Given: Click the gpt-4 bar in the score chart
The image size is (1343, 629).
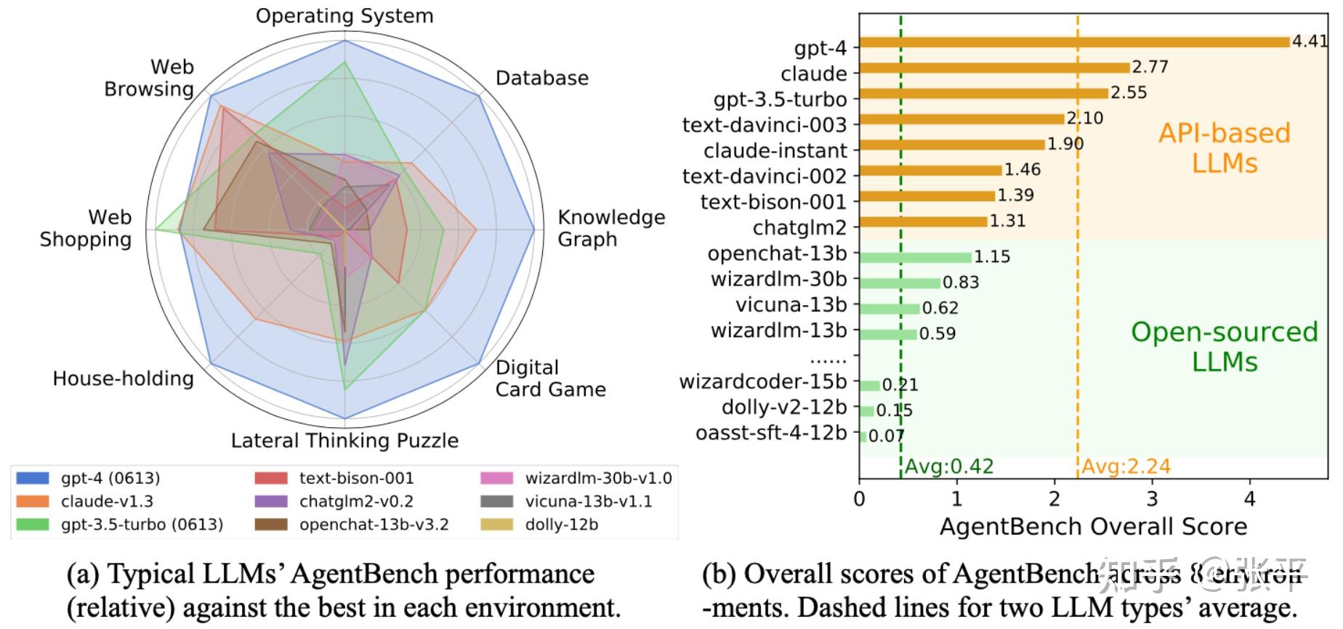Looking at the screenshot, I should pyautogui.click(x=1074, y=42).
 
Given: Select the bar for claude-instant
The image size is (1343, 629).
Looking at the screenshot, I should pyautogui.click(x=952, y=145).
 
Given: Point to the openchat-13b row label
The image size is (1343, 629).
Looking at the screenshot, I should pyautogui.click(x=777, y=253).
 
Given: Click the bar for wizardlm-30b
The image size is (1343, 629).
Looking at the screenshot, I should pyautogui.click(x=900, y=283).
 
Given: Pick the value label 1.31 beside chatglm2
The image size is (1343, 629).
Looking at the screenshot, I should pyautogui.click(x=1007, y=221).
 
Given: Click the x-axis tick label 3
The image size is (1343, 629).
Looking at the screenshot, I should pyautogui.click(x=1152, y=499).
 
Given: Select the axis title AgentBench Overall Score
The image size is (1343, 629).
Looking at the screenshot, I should pyautogui.click(x=1093, y=527).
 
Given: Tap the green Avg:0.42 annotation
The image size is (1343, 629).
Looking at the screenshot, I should pyautogui.click(x=949, y=466).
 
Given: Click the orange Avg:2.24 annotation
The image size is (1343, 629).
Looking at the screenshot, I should pyautogui.click(x=1126, y=466).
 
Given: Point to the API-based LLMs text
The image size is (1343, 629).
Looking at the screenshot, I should pyautogui.click(x=1225, y=147).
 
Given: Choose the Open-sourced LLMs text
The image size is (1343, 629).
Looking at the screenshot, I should pyautogui.click(x=1225, y=346).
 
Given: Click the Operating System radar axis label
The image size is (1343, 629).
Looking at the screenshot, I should pyautogui.click(x=344, y=16).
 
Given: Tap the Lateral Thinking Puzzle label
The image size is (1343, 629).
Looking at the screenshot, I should pyautogui.click(x=344, y=441).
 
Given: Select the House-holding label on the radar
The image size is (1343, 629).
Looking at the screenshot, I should pyautogui.click(x=123, y=378).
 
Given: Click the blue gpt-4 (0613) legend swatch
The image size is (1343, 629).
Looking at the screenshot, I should pyautogui.click(x=33, y=478).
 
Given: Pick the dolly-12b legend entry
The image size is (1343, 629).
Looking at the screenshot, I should pyautogui.click(x=561, y=524).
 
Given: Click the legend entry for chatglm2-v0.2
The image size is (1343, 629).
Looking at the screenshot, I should pyautogui.click(x=355, y=501).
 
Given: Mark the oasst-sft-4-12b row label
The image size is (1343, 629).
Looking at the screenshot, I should pyautogui.click(x=771, y=433).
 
